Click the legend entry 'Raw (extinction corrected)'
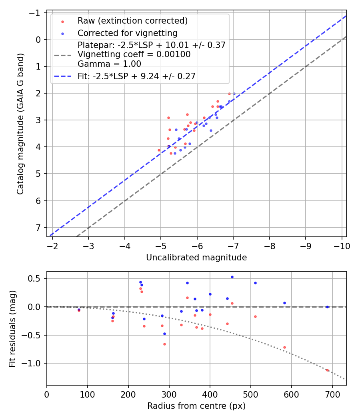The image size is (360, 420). (x=132, y=21)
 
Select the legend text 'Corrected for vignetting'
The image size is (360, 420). (x=127, y=33)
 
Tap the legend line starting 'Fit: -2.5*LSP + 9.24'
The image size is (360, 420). (x=136, y=76)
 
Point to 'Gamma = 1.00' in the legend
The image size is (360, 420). (x=109, y=64)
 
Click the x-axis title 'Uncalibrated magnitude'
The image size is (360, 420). (x=196, y=258)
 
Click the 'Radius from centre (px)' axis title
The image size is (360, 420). (x=196, y=406)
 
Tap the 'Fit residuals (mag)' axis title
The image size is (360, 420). (x=12, y=329)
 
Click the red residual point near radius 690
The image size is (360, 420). (x=327, y=370)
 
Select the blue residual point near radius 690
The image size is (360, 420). (x=327, y=307)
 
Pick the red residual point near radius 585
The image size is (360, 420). (x=284, y=347)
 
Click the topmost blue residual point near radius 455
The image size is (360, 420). (x=232, y=277)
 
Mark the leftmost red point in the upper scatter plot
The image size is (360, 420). (x=159, y=150)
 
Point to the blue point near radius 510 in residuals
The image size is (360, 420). (x=255, y=283)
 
